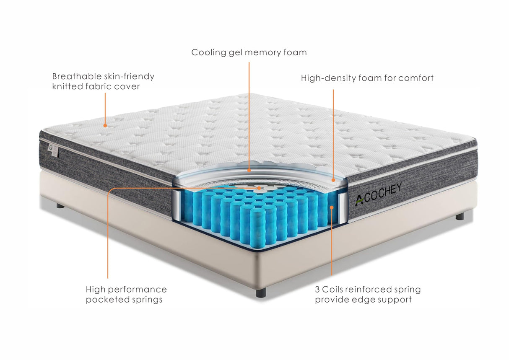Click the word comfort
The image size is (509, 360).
point(416,78)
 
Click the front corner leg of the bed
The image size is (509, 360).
point(261,292)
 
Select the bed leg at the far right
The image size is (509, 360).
point(460,216)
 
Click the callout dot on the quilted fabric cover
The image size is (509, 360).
point(106,125)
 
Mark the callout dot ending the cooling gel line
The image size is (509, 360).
point(249,171)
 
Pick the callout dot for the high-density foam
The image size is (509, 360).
point(333,180)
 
